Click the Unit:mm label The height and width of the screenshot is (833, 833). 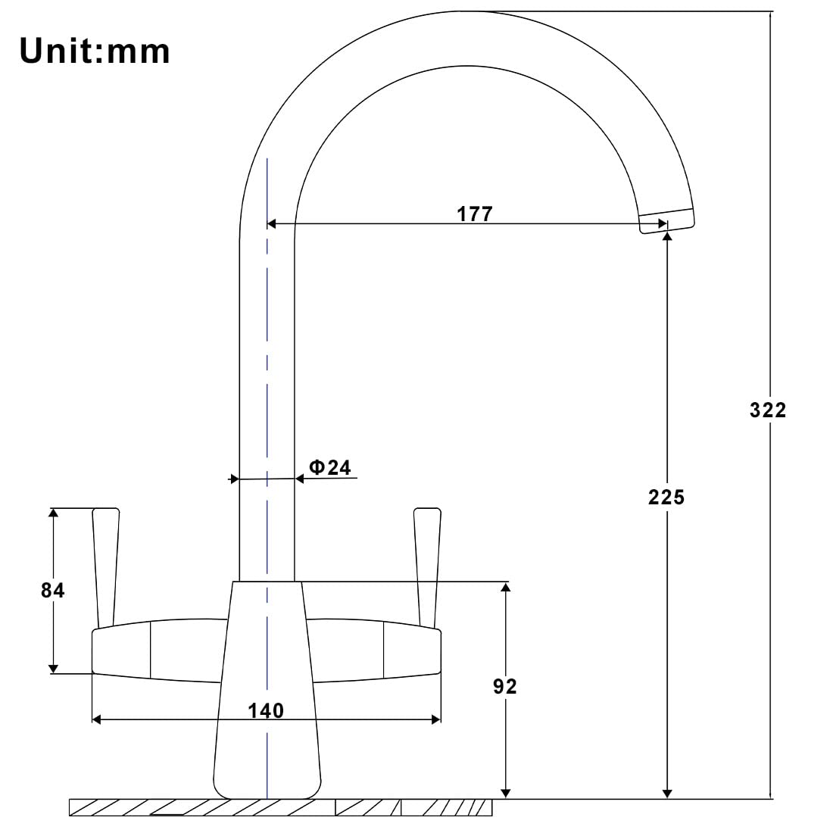point(95,51)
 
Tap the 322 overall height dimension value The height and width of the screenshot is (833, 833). point(768,410)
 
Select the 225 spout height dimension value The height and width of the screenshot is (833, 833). point(666,498)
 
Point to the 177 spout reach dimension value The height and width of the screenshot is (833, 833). point(475,214)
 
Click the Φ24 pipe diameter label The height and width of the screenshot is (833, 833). point(330,467)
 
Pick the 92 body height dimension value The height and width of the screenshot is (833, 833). point(504,686)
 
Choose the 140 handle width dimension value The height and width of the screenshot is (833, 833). point(266,710)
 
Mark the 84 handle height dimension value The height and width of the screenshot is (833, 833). point(52,590)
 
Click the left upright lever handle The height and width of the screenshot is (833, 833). point(106,567)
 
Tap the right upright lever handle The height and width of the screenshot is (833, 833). point(427,567)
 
